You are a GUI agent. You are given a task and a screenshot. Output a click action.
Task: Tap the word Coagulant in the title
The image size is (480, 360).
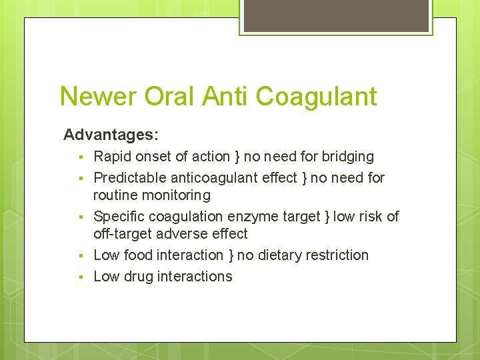[316, 97]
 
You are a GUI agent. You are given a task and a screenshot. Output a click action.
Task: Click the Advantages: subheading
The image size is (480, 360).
[111, 135]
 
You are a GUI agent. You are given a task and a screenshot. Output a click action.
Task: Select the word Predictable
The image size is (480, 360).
[130, 178]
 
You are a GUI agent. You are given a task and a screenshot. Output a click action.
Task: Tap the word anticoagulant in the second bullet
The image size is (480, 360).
[214, 178]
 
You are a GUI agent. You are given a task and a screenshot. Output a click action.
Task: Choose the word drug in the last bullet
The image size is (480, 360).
[138, 277]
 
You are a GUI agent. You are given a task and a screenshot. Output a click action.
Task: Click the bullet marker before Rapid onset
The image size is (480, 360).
[79, 157]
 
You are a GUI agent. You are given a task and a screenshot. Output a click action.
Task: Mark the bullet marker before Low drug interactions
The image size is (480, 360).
[79, 277]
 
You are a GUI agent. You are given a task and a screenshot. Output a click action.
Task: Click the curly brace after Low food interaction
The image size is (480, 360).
[230, 256]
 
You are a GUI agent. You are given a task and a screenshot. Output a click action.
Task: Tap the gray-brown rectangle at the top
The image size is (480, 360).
[336, 15]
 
